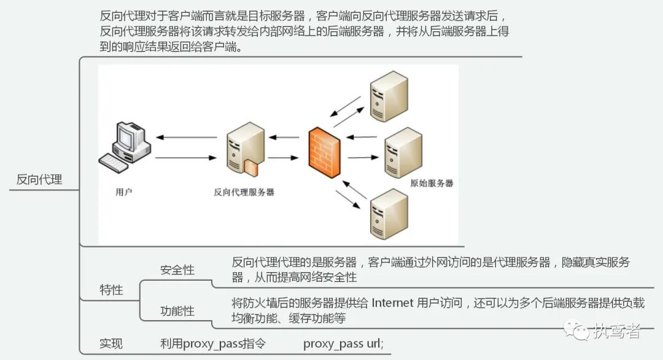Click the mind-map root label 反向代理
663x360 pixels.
39,179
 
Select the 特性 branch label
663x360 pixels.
111,290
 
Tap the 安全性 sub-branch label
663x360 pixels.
177,270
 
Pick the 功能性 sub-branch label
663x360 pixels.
177,311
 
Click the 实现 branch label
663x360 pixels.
111,343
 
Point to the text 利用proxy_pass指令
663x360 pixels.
212,343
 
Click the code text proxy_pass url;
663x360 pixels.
343,343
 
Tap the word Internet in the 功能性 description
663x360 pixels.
392,303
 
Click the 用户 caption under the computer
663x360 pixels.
124,192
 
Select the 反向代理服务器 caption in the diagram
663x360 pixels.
244,192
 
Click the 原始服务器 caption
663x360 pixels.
432,183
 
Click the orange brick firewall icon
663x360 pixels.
325,152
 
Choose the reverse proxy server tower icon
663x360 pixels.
246,149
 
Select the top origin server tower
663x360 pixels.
389,96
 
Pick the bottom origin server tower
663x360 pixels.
389,214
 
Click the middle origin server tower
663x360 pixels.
403,153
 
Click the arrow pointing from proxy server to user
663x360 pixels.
187,137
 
